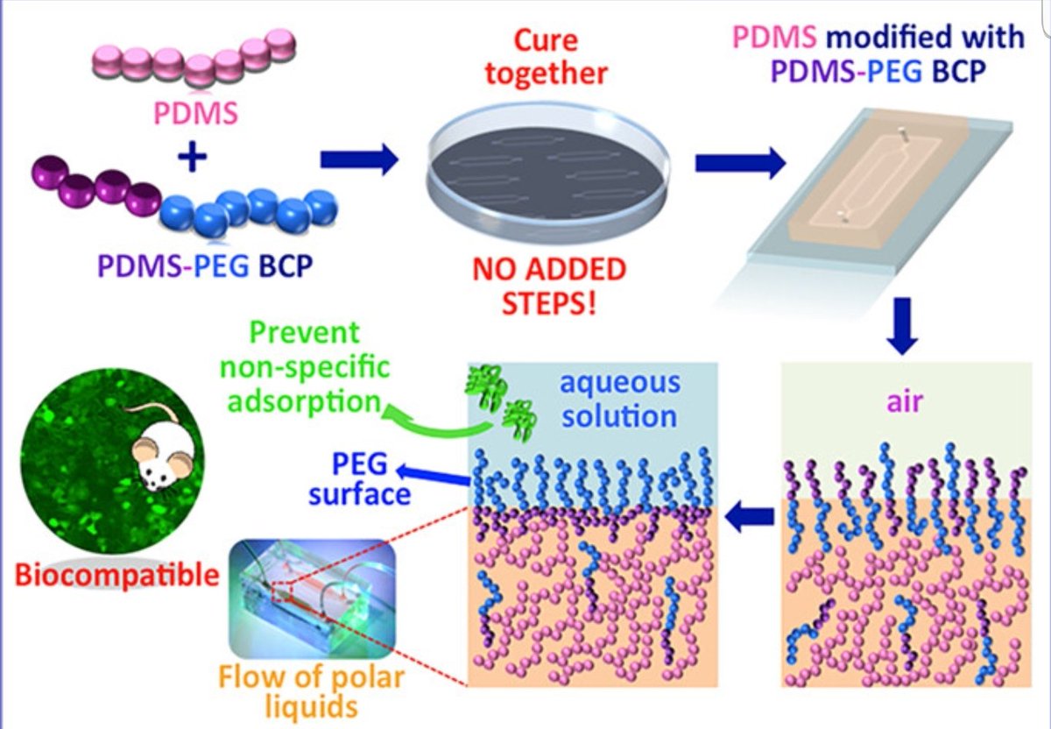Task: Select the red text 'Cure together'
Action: point(546,57)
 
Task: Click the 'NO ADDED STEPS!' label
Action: point(549,285)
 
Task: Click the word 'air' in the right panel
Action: point(900,405)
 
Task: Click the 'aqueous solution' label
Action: point(619,398)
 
